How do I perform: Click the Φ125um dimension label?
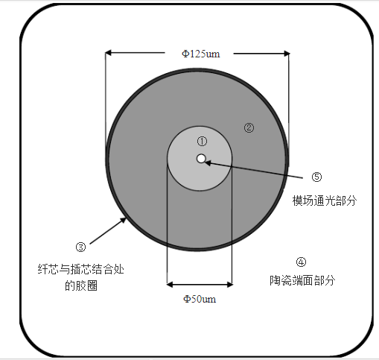pyautogui.click(x=201, y=54)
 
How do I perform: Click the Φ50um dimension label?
pyautogui.click(x=200, y=299)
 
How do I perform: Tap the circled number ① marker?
pyautogui.click(x=202, y=142)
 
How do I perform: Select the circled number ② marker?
pyautogui.click(x=249, y=127)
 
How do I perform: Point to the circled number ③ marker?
pyautogui.click(x=80, y=247)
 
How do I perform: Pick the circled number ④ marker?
pyautogui.click(x=301, y=262)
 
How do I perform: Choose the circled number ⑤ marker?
pyautogui.click(x=316, y=177)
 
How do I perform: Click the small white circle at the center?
pyautogui.click(x=201, y=159)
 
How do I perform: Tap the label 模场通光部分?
pyautogui.click(x=325, y=200)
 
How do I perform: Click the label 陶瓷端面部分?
pyautogui.click(x=302, y=280)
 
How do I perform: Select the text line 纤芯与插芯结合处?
pyautogui.click(x=81, y=269)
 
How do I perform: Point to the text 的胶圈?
pyautogui.click(x=81, y=285)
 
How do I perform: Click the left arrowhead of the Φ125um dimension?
pyautogui.click(x=109, y=53)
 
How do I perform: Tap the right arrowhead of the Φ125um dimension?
pyautogui.click(x=287, y=54)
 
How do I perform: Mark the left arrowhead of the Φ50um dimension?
pyautogui.click(x=170, y=285)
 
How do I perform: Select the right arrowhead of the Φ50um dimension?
pyautogui.click(x=229, y=285)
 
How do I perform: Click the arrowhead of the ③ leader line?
pyautogui.click(x=124, y=220)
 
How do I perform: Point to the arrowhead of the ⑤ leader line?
pyautogui.click(x=208, y=163)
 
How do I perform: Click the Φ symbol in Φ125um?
pyautogui.click(x=185, y=54)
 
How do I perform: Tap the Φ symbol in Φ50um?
pyautogui.click(x=187, y=299)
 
